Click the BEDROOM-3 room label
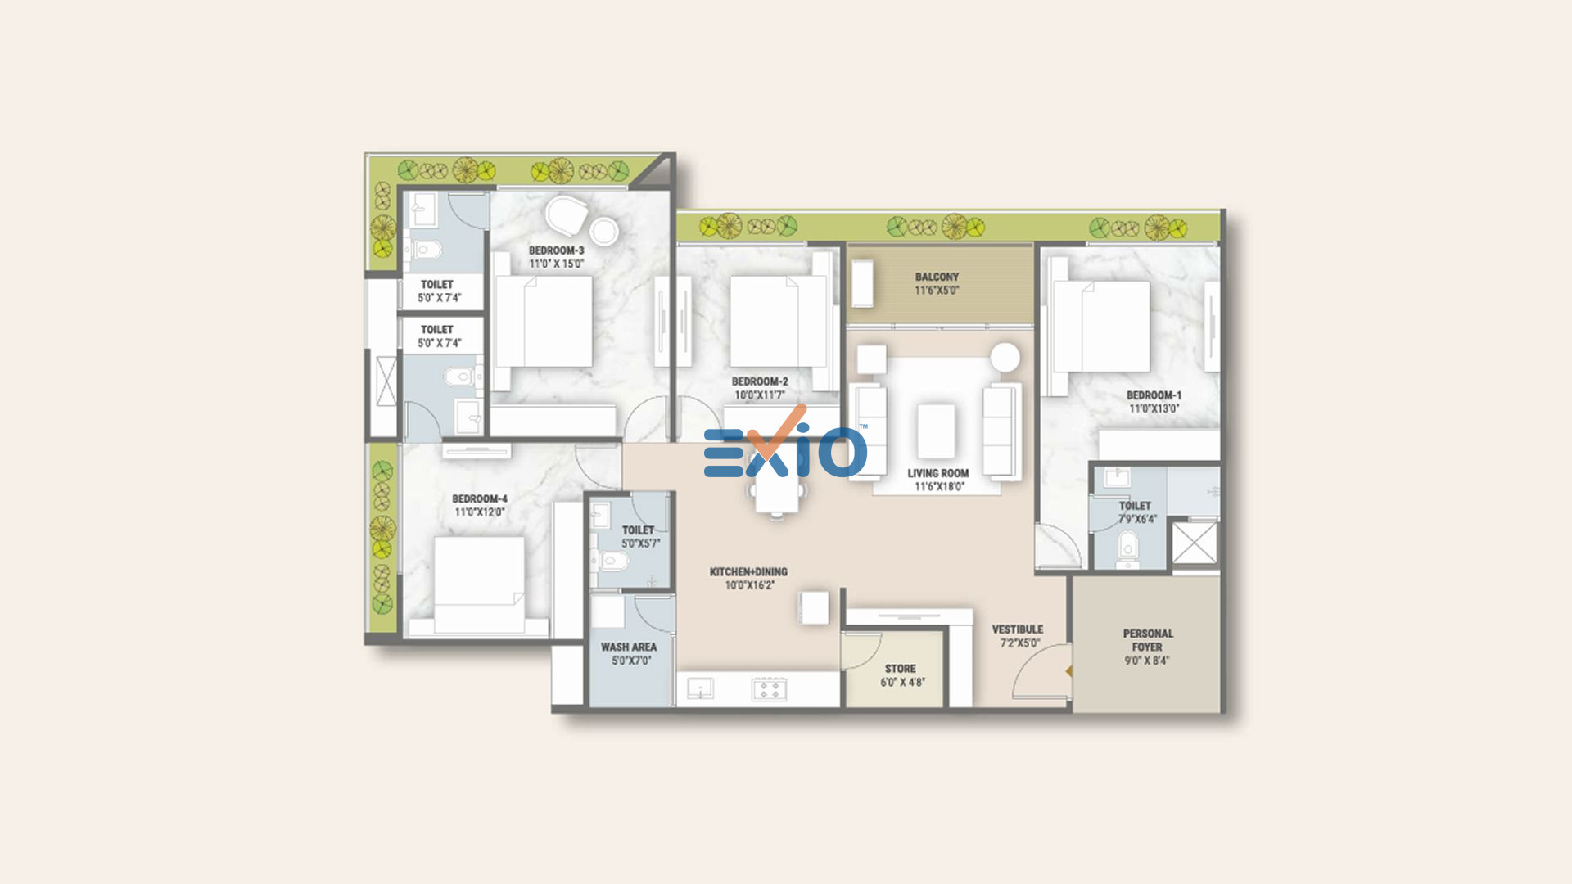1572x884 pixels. (556, 250)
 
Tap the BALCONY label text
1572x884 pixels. (937, 277)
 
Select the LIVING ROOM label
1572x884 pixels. (937, 473)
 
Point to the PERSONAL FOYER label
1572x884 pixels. (1148, 640)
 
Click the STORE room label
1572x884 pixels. (901, 669)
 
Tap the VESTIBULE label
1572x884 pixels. (1018, 629)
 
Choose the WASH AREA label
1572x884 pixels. (629, 647)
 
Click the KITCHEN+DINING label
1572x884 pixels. (748, 571)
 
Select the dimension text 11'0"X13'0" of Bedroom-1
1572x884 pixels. (1154, 408)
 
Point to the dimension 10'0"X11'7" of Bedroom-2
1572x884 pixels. (760, 395)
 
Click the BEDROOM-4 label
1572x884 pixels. (480, 498)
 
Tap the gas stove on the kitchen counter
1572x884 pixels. (769, 689)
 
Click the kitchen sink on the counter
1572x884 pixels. (700, 689)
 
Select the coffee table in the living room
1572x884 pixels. (936, 431)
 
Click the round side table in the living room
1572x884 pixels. (1005, 358)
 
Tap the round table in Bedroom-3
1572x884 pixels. (604, 232)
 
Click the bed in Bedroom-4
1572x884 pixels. (479, 584)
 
